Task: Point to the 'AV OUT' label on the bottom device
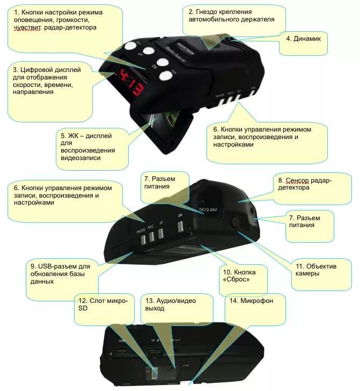coord(175,340)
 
